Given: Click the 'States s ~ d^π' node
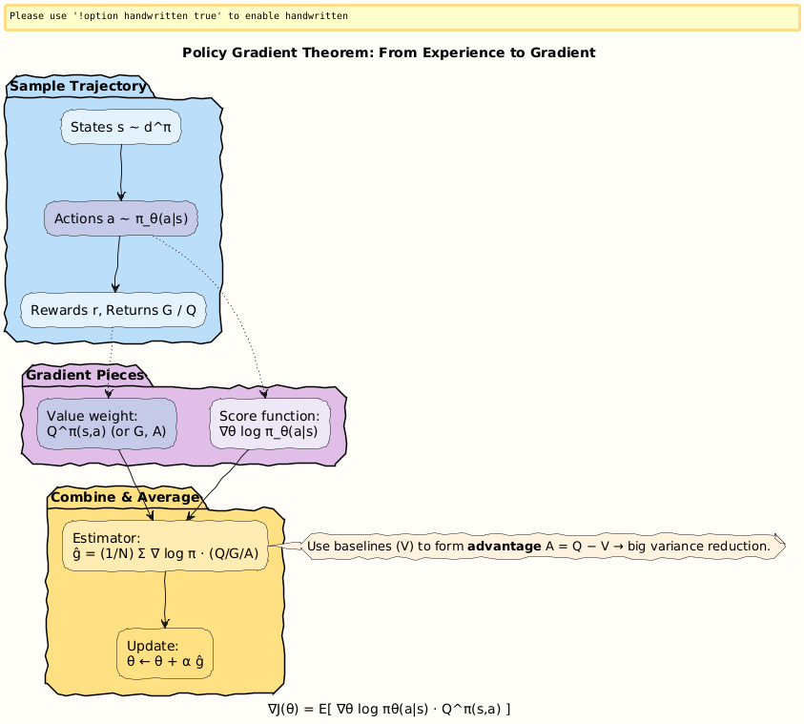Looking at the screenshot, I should pos(120,127).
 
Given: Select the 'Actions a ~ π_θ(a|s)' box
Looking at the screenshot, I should pos(120,219).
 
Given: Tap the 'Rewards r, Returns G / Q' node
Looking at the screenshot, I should pos(113,310).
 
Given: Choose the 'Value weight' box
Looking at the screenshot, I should pos(107,424).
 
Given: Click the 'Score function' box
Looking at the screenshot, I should pos(269,424).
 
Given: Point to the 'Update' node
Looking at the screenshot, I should pos(165,653).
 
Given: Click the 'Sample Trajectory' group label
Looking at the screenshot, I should pos(78,87).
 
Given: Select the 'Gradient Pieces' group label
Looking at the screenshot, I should pos(85,375).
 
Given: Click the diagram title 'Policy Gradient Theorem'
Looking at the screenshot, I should pos(388,52).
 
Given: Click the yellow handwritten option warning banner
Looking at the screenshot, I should pos(402,17).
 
